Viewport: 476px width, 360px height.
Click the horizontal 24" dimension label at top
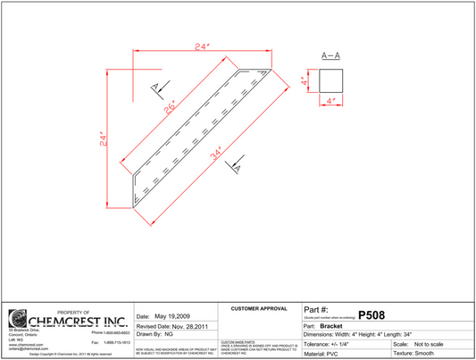coord(203,46)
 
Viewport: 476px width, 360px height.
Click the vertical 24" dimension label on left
coord(103,139)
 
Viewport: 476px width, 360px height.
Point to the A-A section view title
coord(330,56)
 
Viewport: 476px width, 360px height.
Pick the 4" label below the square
coord(331,103)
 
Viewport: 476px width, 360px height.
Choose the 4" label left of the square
coord(305,81)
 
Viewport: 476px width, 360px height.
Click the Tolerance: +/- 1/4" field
coord(336,344)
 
